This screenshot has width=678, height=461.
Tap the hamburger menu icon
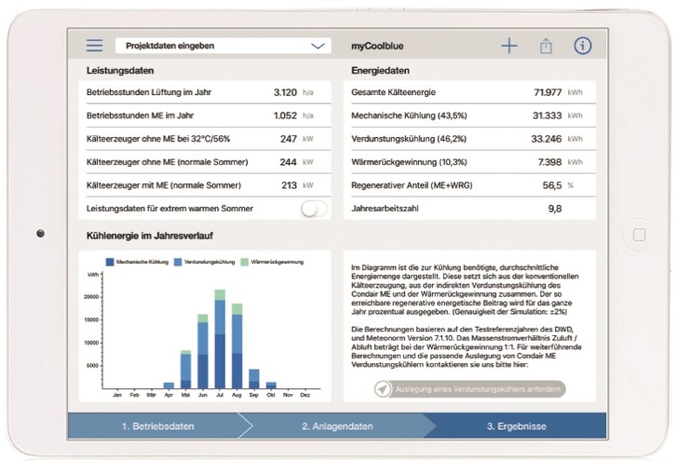click(x=95, y=45)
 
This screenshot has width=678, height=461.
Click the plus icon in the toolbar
click(x=508, y=46)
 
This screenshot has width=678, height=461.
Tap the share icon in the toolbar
click(x=546, y=46)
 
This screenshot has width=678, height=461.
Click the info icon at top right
click(x=583, y=46)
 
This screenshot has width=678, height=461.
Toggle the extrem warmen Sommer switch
click(x=315, y=209)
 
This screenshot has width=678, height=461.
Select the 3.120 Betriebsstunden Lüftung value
click(x=285, y=93)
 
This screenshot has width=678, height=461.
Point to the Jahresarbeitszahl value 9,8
click(x=554, y=209)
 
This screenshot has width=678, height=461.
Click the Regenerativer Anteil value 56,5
click(x=551, y=185)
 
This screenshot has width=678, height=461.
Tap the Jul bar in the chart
click(x=220, y=340)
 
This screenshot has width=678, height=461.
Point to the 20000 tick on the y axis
click(x=91, y=297)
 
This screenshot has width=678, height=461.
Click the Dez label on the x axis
click(x=305, y=395)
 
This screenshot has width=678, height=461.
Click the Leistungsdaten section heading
click(x=120, y=71)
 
